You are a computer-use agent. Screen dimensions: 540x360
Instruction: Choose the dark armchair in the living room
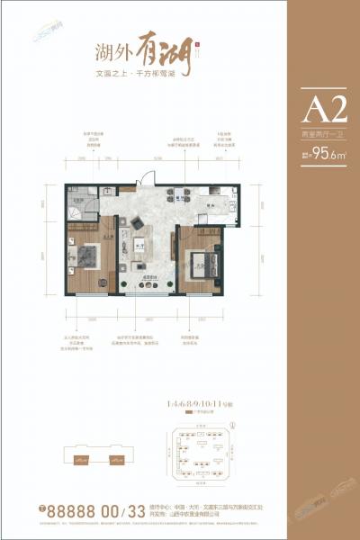pyautogui.click(x=137, y=221)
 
